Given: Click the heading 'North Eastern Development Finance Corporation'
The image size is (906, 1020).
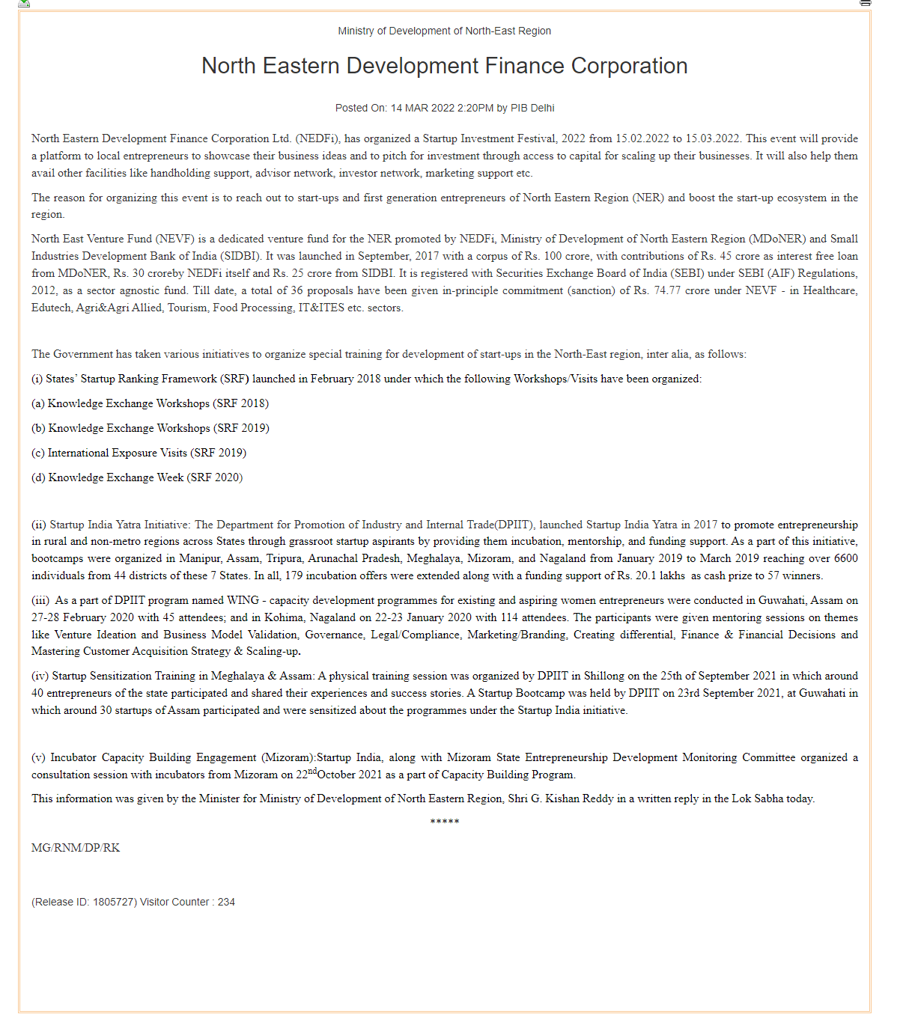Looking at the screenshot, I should pyautogui.click(x=444, y=66).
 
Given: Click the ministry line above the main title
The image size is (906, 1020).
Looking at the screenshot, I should pyautogui.click(x=444, y=31).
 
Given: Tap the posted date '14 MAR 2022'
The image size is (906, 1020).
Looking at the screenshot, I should pyautogui.click(x=422, y=108).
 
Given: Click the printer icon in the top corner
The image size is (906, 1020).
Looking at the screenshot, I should pyautogui.click(x=866, y=3).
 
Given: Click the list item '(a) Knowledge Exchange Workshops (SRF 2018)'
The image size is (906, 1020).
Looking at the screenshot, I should pyautogui.click(x=150, y=403).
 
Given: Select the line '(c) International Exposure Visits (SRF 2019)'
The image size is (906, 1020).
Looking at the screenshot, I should pyautogui.click(x=139, y=453).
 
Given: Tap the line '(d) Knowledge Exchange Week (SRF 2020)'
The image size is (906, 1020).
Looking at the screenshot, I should pyautogui.click(x=137, y=477).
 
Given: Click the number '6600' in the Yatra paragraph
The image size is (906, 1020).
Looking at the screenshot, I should pyautogui.click(x=845, y=558).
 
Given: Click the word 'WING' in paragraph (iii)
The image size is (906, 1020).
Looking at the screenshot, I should pyautogui.click(x=243, y=600).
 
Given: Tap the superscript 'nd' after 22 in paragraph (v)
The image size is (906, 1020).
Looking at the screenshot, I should pyautogui.click(x=312, y=771).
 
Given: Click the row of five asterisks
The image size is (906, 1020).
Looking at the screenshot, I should pyautogui.click(x=444, y=822).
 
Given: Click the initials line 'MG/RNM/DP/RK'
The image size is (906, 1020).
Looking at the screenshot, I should pyautogui.click(x=76, y=848).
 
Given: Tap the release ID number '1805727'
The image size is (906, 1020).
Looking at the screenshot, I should pyautogui.click(x=115, y=902).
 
